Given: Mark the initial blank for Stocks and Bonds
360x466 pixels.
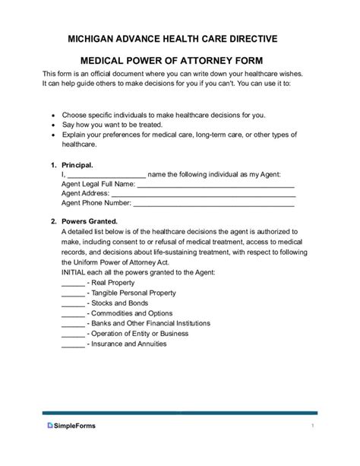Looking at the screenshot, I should pyautogui.click(x=72, y=303).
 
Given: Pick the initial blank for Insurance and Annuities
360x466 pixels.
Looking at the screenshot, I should pyautogui.click(x=72, y=344).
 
